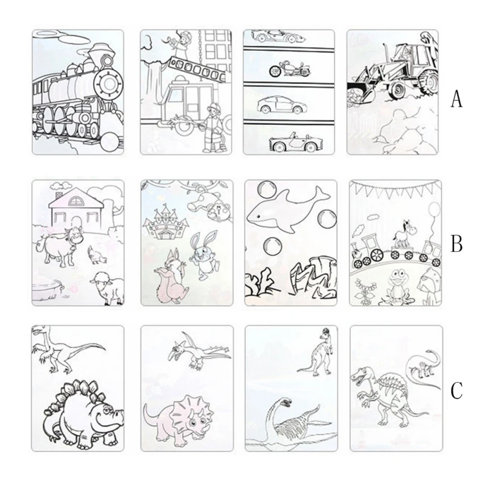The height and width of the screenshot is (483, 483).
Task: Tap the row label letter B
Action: click(x=456, y=243)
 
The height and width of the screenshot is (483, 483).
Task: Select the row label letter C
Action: click(x=457, y=390)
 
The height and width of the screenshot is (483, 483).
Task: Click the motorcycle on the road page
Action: click(x=290, y=69)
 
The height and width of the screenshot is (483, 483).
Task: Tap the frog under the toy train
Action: click(x=398, y=286)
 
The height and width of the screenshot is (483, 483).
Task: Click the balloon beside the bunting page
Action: click(x=435, y=210)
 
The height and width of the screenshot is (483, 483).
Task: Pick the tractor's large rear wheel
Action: click(x=428, y=81)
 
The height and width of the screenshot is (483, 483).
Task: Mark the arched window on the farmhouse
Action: click(x=75, y=201)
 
